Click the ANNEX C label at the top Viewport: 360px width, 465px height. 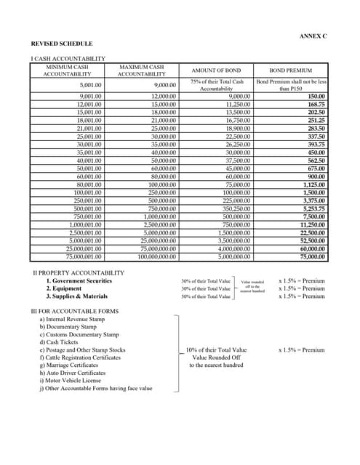tap(313, 36)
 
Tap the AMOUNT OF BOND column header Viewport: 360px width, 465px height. tap(216, 70)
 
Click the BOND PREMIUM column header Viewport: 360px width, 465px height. tap(291, 70)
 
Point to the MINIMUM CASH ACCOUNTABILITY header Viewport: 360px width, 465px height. tap(67, 70)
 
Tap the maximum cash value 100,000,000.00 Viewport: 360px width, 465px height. tap(152, 256)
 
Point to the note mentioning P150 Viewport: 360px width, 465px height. tap(291, 86)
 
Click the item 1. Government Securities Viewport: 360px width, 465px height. tap(79, 280)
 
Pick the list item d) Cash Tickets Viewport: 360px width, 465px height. tap(60, 342)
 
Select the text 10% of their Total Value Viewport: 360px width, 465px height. tap(216, 349)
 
